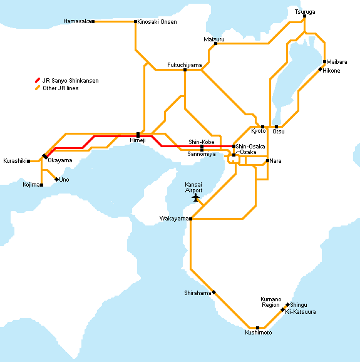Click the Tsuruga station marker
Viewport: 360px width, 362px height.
pos(304,16)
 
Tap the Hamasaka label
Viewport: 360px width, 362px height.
pos(77,21)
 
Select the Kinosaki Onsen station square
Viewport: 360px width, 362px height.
pos(135,22)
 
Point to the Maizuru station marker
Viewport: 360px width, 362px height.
pos(215,43)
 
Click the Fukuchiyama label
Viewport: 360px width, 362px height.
pos(185,65)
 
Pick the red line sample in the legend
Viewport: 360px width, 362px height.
pos(38,80)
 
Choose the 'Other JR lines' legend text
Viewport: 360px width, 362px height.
pos(61,88)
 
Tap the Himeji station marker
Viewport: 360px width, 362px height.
pos(138,135)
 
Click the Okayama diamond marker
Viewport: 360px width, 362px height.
pos(45,157)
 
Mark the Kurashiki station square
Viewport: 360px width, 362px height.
pos(29,161)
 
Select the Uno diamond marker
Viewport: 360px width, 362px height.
pos(56,179)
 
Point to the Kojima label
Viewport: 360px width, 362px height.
pos(31,185)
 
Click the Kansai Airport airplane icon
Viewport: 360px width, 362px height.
pos(196,198)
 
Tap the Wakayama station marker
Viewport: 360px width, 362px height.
pos(190,219)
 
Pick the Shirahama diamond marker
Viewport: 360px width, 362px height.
pos(214,292)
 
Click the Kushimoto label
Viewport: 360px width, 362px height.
pos(258,333)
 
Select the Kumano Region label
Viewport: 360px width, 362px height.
pos(271,302)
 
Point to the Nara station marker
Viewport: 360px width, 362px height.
pos(267,161)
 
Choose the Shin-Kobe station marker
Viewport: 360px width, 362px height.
pos(202,147)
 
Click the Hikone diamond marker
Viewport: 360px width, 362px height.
pos(320,70)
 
